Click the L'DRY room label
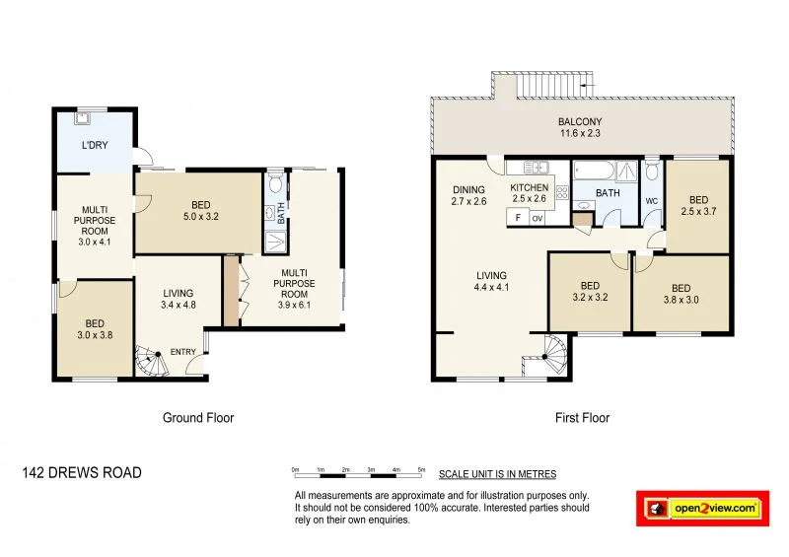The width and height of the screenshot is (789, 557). [x=95, y=146]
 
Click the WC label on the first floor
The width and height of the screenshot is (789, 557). [x=651, y=201]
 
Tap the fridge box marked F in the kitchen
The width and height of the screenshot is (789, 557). [x=517, y=219]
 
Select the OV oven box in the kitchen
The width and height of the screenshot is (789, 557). [x=538, y=219]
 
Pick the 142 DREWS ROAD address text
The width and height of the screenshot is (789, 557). [x=82, y=473]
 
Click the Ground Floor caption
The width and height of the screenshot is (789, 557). [x=198, y=418]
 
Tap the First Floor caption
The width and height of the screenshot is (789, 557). [x=582, y=418]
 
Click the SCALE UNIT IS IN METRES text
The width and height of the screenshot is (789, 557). [x=497, y=474]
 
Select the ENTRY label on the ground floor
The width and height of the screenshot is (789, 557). [x=183, y=353]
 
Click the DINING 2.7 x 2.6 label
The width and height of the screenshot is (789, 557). [x=469, y=196]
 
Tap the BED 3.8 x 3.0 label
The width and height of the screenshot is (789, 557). [x=681, y=295]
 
